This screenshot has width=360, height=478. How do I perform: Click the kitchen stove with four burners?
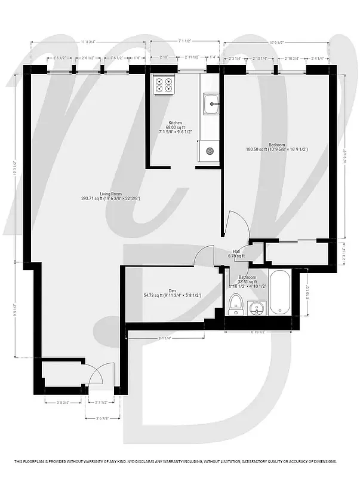click(x=163, y=85)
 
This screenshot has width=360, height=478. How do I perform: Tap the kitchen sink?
click(x=210, y=106)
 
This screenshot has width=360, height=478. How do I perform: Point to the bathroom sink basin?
click(x=257, y=308)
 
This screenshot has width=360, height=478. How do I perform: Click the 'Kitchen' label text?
click(x=175, y=122)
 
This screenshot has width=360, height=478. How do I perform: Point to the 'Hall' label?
click(x=236, y=251)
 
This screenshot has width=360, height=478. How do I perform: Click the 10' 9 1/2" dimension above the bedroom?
click(x=276, y=42)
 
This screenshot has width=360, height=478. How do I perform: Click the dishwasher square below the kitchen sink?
click(x=210, y=151)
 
